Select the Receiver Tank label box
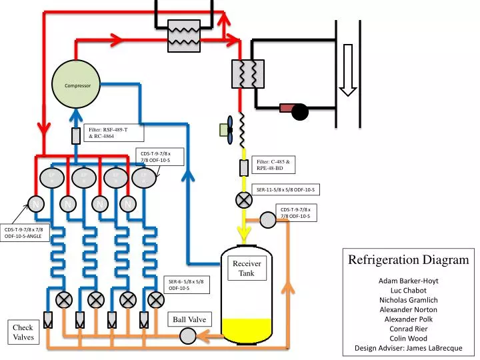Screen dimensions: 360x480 pos(247,268)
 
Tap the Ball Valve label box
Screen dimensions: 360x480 pos(189,319)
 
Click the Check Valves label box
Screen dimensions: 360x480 pos(23,332)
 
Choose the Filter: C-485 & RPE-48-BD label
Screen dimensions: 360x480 pos(274,165)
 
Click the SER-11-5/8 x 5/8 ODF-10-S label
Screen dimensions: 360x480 pos(285,190)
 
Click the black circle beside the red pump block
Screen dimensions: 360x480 pos(300,112)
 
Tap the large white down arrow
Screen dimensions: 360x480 pos(347,69)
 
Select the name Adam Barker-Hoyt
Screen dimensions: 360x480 pos(408,281)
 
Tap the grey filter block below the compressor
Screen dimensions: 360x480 pos(76,135)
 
